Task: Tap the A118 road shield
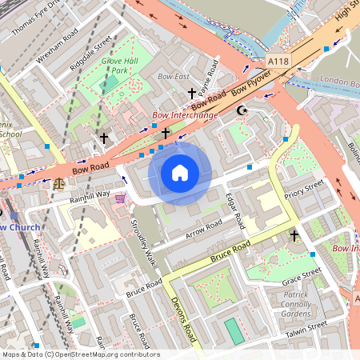pyautogui.click(x=278, y=62)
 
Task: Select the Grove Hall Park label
pyautogui.click(x=119, y=65)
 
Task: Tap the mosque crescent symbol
pyautogui.click(x=241, y=111)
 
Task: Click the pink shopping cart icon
pyautogui.click(x=120, y=198)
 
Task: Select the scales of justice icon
pyautogui.click(x=59, y=182)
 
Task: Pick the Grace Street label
pyautogui.click(x=301, y=276)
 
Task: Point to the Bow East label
pyautogui.click(x=174, y=77)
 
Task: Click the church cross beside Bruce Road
pyautogui.click(x=294, y=235)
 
